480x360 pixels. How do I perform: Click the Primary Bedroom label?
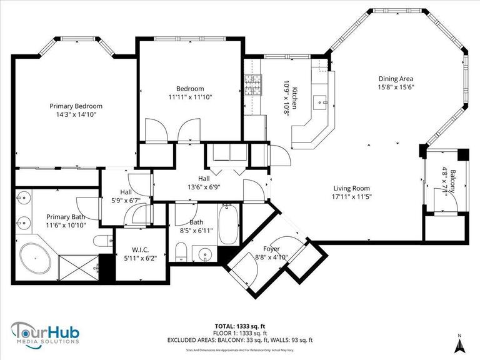click(x=76, y=106)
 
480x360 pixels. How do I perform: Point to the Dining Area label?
click(x=396, y=79)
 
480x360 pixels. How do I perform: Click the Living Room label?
click(x=351, y=188)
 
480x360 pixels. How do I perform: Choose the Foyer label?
click(x=271, y=249)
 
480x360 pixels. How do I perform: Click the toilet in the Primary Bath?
click(x=102, y=241)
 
